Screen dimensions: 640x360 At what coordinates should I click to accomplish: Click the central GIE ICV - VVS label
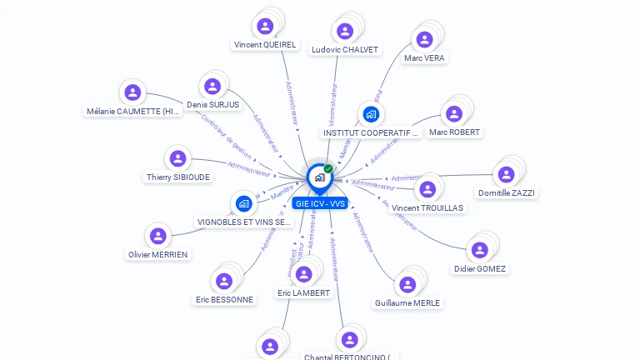[319, 203]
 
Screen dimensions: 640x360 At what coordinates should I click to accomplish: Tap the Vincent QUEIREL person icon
[265, 26]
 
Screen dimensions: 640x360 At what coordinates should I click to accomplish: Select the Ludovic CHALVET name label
[344, 50]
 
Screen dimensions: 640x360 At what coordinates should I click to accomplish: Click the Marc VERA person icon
[424, 39]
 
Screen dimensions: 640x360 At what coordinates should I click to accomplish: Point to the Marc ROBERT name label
[454, 132]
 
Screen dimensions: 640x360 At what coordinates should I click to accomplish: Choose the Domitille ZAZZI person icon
[506, 174]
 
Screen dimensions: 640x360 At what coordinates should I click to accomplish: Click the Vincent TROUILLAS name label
[427, 208]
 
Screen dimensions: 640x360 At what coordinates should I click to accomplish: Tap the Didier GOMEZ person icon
[480, 250]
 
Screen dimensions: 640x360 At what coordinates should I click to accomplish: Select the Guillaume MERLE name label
[407, 303]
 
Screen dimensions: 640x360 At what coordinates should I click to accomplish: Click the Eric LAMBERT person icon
[303, 274]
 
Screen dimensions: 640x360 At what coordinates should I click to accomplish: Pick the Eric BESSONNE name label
[224, 300]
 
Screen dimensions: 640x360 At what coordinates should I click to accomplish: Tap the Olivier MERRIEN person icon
[157, 236]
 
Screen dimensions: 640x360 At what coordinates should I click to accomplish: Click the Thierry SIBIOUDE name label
[178, 177]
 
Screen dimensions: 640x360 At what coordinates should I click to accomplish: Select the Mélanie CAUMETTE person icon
[132, 92]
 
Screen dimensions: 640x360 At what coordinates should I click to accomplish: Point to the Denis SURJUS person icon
[212, 86]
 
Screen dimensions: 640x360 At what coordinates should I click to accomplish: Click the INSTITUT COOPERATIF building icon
[371, 114]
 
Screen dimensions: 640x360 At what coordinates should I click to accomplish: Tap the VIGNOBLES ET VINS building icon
[243, 203]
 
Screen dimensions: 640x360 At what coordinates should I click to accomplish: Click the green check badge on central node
[328, 168]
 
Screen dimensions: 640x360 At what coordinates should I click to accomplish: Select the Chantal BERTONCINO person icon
[349, 339]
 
